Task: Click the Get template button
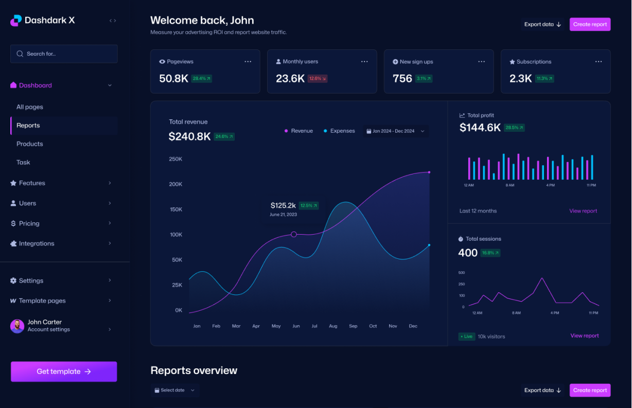tap(64, 371)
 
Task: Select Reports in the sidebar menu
tap(28, 126)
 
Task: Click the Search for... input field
tap(64, 54)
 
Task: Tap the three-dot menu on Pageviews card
tap(248, 62)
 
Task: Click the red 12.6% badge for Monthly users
tap(317, 79)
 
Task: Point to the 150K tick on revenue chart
tap(175, 209)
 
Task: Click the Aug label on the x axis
tap(333, 326)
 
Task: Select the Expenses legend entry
tap(339, 131)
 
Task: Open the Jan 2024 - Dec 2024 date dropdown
tap(395, 131)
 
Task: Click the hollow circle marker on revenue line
tap(294, 234)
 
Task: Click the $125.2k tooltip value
tap(283, 205)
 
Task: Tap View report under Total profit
tap(583, 211)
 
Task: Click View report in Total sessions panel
tap(584, 336)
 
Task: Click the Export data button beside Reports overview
tap(542, 390)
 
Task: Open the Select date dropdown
tap(175, 390)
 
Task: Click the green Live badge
tap(466, 336)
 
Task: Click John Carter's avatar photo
tap(17, 326)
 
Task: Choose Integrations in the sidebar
tap(36, 243)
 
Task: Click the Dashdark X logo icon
tap(16, 21)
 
